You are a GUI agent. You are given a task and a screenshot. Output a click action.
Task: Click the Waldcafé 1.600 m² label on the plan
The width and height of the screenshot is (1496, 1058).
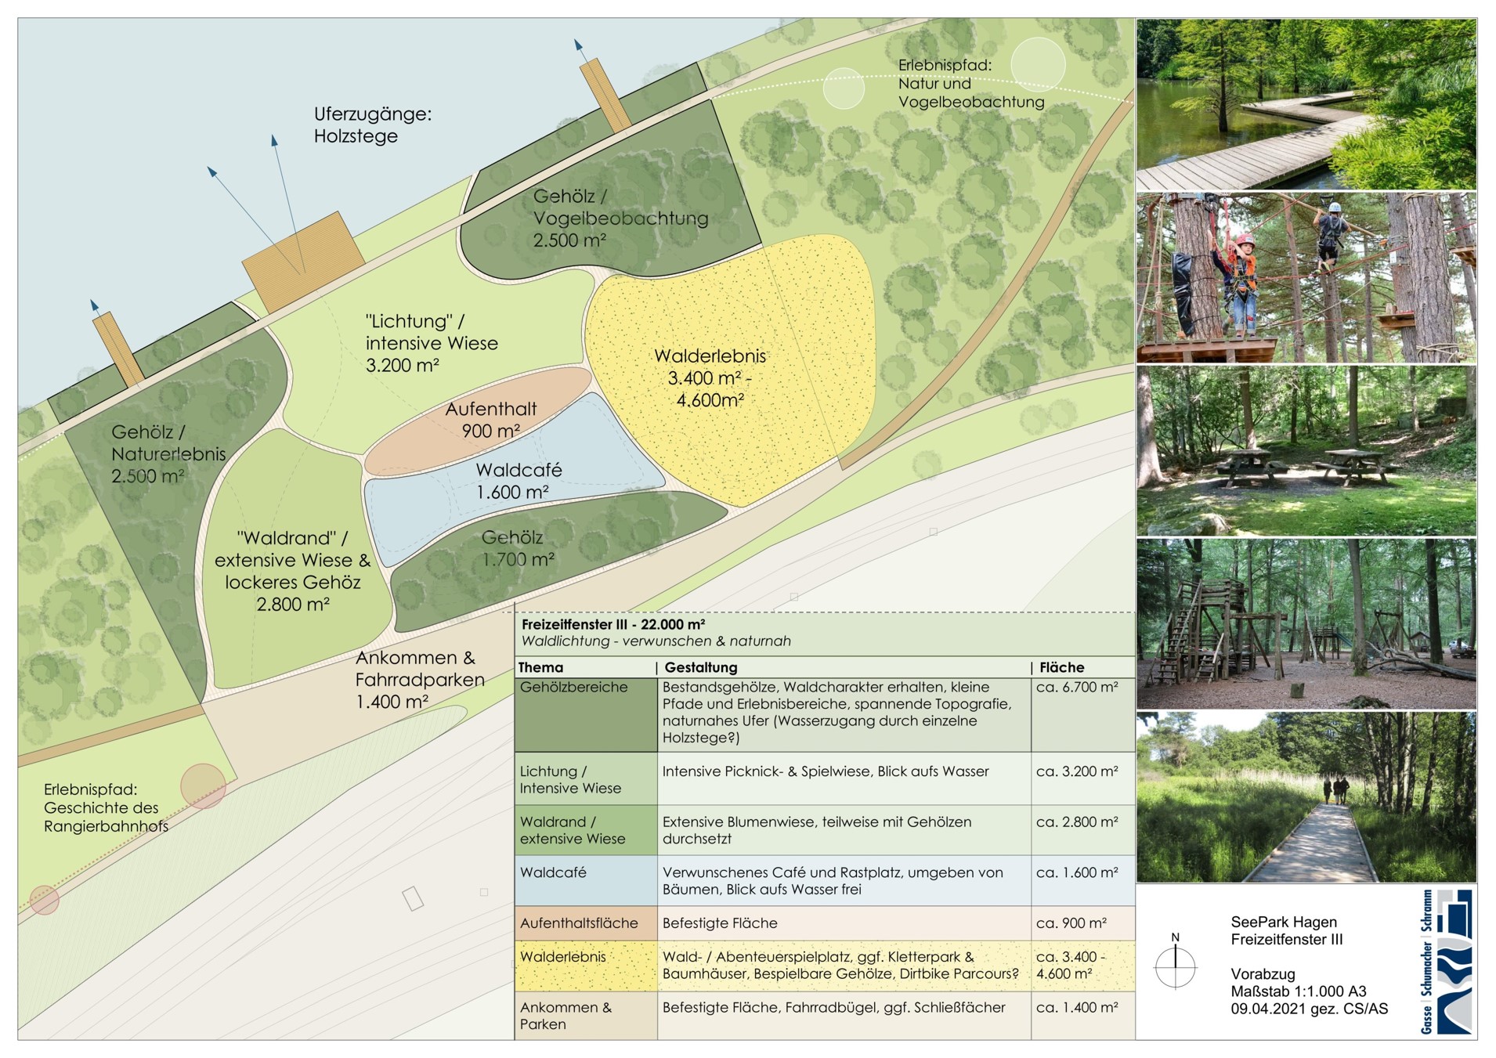[519, 481]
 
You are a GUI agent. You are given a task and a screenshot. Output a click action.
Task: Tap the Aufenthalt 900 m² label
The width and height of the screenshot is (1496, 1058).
[491, 420]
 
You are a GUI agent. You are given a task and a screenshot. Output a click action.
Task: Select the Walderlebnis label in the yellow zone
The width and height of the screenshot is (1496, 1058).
[710, 377]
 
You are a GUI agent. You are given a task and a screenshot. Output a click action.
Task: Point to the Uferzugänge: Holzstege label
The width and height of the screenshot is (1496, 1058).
[373, 125]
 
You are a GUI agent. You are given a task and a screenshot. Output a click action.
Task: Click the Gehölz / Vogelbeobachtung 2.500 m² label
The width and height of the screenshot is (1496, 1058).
[620, 218]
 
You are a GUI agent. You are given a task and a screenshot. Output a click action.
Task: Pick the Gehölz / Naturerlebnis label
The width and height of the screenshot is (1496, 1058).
[168, 453]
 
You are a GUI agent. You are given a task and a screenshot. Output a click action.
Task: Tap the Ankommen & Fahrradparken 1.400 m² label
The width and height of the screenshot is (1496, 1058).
[420, 680]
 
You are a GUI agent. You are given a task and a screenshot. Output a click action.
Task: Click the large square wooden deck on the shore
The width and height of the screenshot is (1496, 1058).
[303, 262]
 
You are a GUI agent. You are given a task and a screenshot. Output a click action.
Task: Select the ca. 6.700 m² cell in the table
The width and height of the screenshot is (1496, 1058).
[1077, 688]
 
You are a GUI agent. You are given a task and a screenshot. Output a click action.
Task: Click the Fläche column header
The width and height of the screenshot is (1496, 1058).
[1061, 667]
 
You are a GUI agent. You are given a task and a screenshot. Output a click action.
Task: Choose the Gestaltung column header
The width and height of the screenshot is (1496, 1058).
[701, 667]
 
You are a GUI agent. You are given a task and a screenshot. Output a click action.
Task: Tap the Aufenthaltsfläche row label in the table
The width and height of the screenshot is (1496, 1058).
[579, 923]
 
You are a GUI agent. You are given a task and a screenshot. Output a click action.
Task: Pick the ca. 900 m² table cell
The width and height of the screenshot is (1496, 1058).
[1071, 923]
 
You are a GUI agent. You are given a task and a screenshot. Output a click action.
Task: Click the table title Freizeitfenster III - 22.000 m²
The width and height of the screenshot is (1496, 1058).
[613, 624]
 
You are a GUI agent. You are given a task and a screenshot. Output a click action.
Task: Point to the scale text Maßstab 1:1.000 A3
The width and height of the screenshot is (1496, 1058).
[1298, 991]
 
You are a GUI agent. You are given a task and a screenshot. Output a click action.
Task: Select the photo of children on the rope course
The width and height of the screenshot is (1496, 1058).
[1306, 277]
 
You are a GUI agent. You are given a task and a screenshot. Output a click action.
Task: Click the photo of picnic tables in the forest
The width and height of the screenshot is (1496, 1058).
[1306, 450]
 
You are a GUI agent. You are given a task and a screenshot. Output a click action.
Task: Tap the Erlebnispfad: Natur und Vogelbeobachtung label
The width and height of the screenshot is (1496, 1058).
[971, 84]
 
